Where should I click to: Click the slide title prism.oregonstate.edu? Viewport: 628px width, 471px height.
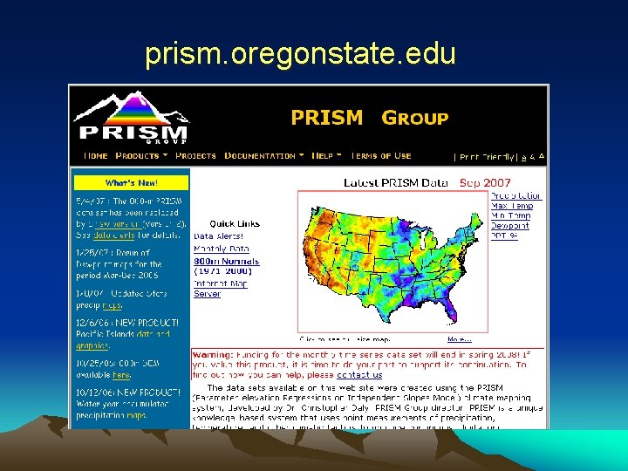(x=300, y=55)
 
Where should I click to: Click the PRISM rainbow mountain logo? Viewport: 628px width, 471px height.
(x=132, y=117)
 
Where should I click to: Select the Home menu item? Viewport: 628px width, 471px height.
(x=95, y=156)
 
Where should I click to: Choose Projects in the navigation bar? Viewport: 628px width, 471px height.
(x=195, y=156)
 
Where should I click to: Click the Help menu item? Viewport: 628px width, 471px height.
(x=326, y=156)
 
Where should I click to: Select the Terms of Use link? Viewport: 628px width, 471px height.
(x=380, y=156)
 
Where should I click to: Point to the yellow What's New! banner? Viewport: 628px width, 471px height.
(x=131, y=183)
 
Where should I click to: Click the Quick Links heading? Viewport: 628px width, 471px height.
(x=234, y=223)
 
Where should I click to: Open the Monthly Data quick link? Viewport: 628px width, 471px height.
(x=222, y=248)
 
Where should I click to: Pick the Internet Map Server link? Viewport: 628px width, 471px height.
(x=219, y=289)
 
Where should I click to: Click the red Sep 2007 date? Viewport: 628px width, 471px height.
(x=485, y=182)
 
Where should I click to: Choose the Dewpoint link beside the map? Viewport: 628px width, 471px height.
(x=510, y=225)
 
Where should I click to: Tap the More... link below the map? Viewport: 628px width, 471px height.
(x=459, y=339)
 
